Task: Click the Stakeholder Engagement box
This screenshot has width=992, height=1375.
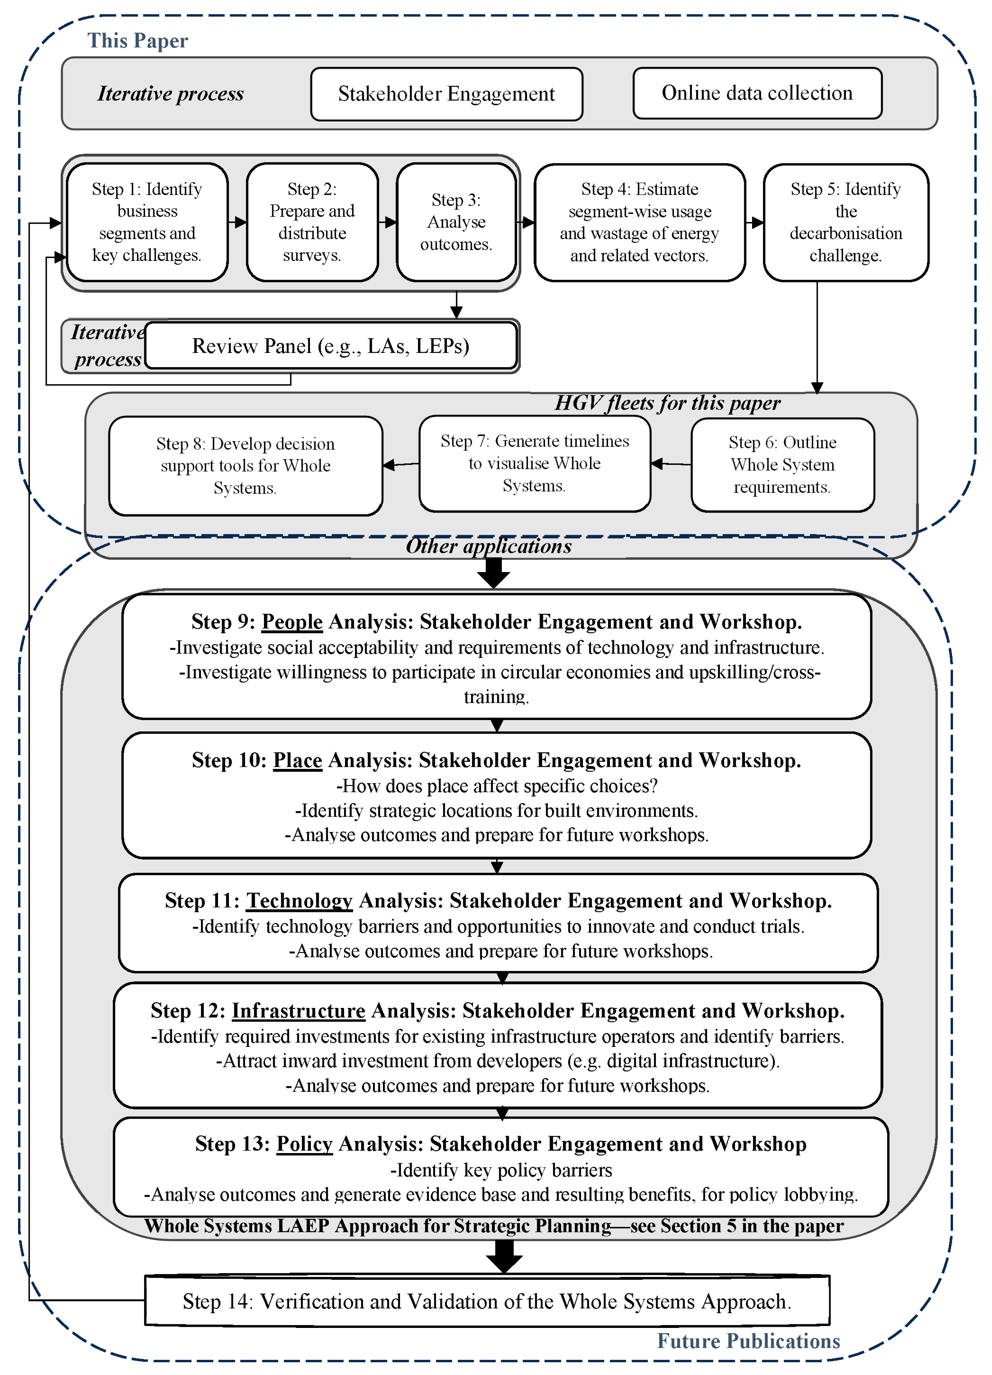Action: point(447,94)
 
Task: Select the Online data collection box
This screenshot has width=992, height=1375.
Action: point(757,93)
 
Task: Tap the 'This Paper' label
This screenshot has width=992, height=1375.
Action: point(138,41)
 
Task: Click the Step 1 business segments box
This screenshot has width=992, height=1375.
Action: point(147,222)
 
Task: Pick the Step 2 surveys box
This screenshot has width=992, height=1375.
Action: point(312,222)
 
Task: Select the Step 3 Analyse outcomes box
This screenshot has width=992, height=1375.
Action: point(456,222)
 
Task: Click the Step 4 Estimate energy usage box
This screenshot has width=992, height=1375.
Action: point(639,222)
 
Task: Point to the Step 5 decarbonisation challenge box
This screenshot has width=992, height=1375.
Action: point(845,222)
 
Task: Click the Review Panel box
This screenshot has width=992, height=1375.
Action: point(331,346)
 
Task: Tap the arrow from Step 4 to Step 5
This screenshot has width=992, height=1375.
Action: point(755,222)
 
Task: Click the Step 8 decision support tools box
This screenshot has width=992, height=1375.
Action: point(245,466)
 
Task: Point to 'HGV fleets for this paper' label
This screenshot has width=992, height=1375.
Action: point(667,403)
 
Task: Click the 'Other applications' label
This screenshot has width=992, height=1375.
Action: point(488,546)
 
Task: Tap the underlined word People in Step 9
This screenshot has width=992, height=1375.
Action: point(292,622)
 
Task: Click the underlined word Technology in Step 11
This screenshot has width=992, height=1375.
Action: point(299,901)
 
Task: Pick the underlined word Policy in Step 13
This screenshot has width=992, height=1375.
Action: point(304,1144)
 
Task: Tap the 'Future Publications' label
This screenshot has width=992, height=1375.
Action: point(749,1341)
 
